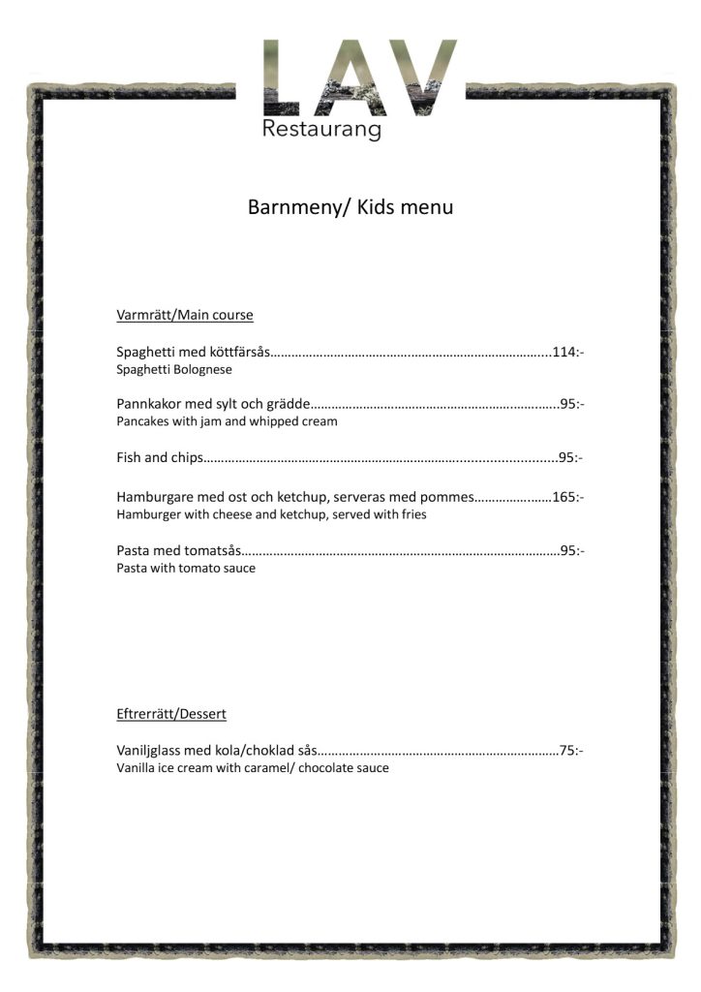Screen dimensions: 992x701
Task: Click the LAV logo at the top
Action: tap(360, 77)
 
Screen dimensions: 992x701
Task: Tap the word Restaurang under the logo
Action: tap(321, 130)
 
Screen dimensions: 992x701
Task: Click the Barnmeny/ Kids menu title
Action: tap(350, 207)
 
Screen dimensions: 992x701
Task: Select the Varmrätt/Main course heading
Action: tap(185, 315)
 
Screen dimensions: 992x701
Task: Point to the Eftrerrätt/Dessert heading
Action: tap(171, 714)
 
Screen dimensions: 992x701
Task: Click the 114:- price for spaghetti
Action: tap(567, 352)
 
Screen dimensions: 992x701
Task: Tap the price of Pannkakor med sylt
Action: tap(571, 404)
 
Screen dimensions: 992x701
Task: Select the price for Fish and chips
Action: tap(570, 457)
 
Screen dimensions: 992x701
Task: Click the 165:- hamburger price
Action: tap(567, 497)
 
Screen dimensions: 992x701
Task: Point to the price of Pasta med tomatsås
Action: tap(571, 550)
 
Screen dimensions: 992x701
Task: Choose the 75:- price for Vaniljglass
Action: tap(571, 750)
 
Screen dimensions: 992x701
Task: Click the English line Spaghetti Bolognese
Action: tap(174, 369)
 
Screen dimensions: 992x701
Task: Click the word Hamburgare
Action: tap(155, 497)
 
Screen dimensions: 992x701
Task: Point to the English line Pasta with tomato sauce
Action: tap(186, 568)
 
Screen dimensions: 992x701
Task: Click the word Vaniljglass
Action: tap(151, 750)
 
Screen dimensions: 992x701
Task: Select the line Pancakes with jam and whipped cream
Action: tap(227, 421)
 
